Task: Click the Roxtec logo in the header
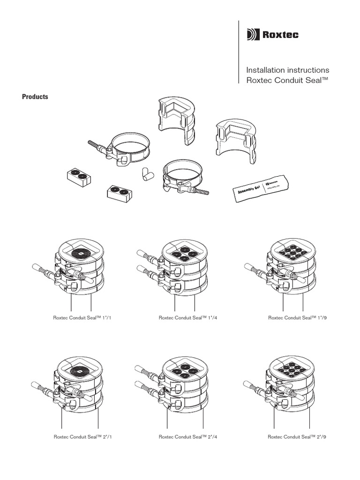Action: coord(272,35)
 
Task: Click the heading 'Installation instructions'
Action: coord(291,70)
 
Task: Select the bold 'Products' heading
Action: coord(36,97)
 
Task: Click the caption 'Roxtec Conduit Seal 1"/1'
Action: coord(83,318)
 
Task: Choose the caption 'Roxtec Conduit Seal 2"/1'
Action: coord(83,437)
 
